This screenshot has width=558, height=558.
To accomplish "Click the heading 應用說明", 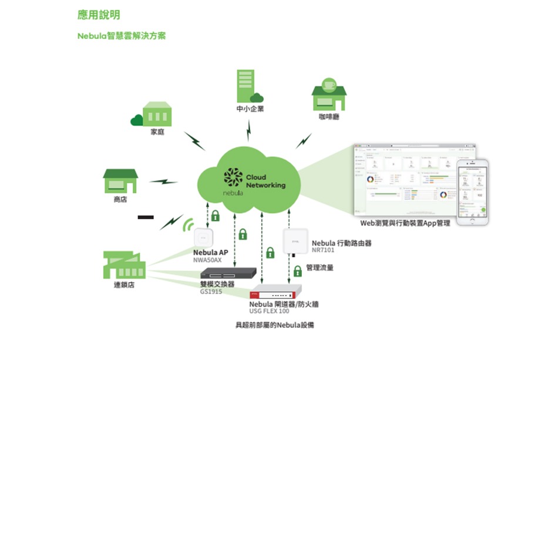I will tap(99, 15).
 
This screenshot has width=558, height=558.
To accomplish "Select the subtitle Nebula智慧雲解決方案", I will tap(122, 36).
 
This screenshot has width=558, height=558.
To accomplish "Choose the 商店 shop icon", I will tap(120, 181).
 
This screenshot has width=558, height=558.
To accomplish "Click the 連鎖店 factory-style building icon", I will tap(123, 265).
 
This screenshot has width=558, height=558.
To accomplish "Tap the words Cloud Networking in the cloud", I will tap(265, 181).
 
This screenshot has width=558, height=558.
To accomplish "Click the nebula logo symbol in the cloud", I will tap(233, 178).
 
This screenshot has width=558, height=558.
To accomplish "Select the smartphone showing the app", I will tap(473, 191).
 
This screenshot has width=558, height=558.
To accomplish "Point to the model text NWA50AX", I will tap(207, 260).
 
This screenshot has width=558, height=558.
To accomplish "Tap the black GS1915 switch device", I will tap(228, 273).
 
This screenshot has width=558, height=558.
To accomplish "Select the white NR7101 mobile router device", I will tap(295, 241).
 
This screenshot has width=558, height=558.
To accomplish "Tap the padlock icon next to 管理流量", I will tap(298, 270).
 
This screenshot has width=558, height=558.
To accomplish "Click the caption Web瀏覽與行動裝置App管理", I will tap(405, 223).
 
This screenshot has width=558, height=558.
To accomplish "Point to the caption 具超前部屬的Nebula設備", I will tap(274, 325).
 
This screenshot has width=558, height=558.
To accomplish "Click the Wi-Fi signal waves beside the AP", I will tap(188, 225).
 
